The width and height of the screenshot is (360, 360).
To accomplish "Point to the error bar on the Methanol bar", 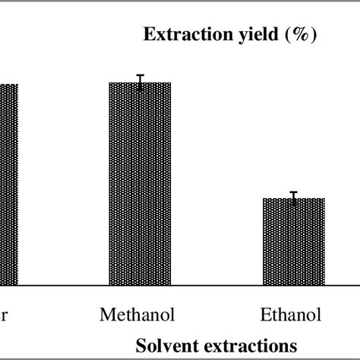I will [x=141, y=81].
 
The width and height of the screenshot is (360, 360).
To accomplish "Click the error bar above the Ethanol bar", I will [x=294, y=197].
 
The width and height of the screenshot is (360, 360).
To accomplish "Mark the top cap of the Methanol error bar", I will [x=141, y=75].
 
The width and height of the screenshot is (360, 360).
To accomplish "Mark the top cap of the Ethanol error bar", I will [x=294, y=192].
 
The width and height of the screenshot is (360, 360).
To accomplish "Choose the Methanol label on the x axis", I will [x=137, y=314].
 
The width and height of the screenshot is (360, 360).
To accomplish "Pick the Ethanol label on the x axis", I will [x=291, y=314].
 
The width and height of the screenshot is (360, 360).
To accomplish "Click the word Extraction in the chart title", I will [x=178, y=35].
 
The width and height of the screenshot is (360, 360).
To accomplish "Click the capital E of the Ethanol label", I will [x=266, y=314].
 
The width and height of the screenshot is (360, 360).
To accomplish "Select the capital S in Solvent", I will [x=142, y=345].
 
